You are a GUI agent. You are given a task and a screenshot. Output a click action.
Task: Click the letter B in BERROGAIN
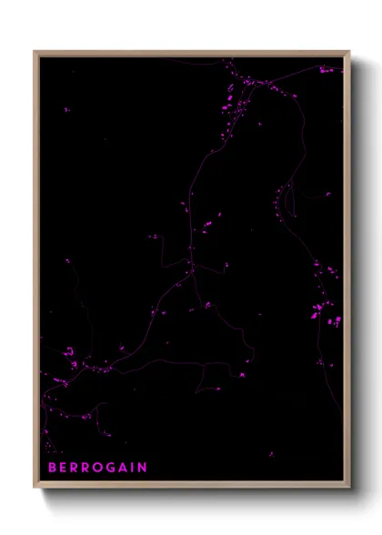click(x=53, y=468)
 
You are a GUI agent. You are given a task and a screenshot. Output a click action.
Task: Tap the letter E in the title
click(x=64, y=468)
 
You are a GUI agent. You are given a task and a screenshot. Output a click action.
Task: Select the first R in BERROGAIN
click(x=75, y=468)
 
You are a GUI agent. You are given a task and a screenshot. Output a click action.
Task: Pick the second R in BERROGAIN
click(x=86, y=468)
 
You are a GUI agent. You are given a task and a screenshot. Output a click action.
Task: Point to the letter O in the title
click(x=99, y=468)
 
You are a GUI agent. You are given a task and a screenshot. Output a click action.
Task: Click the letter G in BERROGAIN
click(x=113, y=468)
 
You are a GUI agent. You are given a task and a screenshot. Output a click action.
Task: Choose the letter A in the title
click(x=125, y=468)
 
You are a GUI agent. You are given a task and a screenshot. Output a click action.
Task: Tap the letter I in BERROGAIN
click(x=134, y=468)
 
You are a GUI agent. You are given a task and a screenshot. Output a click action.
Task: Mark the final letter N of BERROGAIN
click(x=142, y=468)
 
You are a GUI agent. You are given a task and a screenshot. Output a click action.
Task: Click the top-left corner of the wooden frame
click(x=35, y=52)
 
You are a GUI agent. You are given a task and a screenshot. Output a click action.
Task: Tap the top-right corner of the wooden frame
click(x=349, y=52)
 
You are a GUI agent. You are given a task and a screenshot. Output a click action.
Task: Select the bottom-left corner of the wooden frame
click(x=35, y=487)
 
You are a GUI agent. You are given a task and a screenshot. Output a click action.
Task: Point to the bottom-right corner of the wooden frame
click(x=349, y=487)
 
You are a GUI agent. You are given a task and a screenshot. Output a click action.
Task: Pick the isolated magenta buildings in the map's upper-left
click(x=66, y=109)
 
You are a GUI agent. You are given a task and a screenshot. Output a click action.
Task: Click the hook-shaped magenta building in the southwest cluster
click(x=66, y=351)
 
